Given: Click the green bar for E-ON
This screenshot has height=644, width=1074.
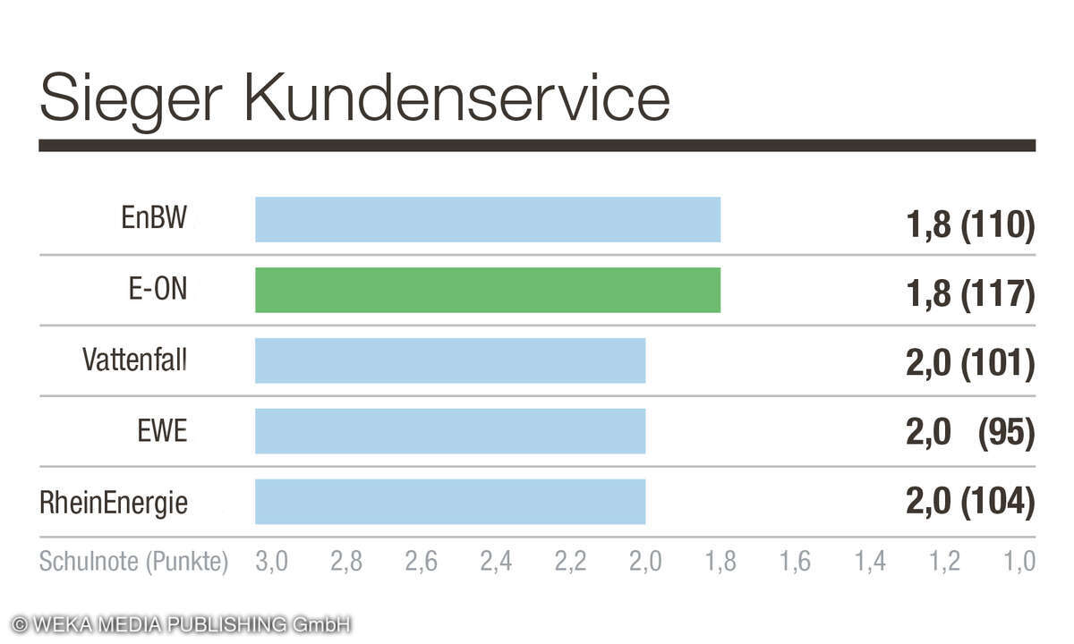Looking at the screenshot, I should tap(487, 290).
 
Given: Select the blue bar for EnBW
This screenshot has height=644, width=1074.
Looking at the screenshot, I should tap(487, 219).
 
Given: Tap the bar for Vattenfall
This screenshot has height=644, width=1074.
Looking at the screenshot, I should tap(449, 360).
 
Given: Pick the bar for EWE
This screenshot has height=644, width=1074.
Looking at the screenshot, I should tap(449, 431).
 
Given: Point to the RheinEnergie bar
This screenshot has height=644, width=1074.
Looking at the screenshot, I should tap(449, 502).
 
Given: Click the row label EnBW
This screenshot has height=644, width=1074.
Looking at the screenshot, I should tap(154, 219).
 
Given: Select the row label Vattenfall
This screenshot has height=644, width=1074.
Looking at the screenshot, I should tap(135, 360).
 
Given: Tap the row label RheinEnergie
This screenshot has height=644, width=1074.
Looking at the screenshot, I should tap(114, 503).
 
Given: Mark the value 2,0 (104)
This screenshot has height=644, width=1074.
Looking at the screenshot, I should tap(970, 504).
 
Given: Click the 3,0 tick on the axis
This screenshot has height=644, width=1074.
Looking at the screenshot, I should tap(271, 562).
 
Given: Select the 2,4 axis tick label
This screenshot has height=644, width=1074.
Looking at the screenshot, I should tap(496, 562).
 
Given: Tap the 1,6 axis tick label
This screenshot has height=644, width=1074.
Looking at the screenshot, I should tap(795, 562).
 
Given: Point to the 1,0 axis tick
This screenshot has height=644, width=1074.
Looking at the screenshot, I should tap(1019, 562).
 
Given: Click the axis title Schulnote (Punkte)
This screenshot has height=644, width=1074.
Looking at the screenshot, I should tap(133, 562).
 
